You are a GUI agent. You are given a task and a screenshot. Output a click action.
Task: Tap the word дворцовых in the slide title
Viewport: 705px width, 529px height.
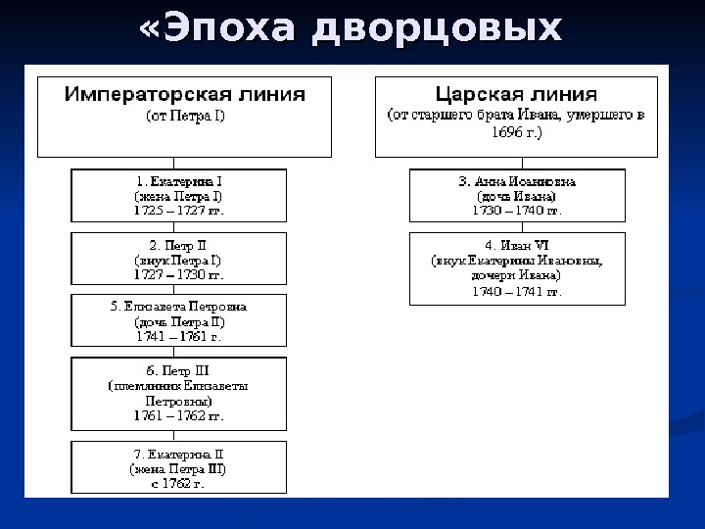click(x=437, y=28)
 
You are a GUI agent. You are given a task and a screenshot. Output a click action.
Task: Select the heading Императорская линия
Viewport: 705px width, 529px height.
click(x=185, y=95)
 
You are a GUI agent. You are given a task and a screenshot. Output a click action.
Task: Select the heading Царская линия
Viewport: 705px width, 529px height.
click(x=516, y=95)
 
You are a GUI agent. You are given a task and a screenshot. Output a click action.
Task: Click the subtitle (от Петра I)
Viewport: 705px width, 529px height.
click(x=185, y=116)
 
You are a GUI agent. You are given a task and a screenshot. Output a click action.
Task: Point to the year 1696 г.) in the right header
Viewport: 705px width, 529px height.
click(x=516, y=131)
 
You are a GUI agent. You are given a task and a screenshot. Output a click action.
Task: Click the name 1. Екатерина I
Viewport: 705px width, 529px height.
click(x=179, y=181)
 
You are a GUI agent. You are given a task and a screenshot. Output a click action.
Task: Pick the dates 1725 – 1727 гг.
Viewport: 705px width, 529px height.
click(x=179, y=210)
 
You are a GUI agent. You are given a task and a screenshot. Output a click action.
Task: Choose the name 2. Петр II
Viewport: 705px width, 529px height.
click(x=179, y=244)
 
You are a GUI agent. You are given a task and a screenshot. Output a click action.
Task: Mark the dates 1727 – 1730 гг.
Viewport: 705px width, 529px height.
click(x=179, y=273)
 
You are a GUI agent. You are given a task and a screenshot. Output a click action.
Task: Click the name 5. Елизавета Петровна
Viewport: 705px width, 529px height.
click(x=179, y=307)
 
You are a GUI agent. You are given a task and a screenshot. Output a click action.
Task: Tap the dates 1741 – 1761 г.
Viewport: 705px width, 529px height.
click(x=179, y=336)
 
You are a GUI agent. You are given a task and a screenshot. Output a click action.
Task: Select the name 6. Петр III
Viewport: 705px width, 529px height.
click(x=179, y=371)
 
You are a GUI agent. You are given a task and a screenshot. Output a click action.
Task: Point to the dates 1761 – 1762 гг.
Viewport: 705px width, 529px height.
click(x=179, y=415)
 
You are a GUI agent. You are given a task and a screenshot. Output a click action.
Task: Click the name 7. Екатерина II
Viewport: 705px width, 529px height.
click(x=179, y=454)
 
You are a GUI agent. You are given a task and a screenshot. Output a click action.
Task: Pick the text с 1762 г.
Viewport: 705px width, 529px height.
click(x=179, y=482)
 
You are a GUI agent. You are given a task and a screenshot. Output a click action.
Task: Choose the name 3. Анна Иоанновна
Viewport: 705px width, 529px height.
click(x=517, y=181)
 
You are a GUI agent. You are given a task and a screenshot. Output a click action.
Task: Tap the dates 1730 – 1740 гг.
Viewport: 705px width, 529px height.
click(x=517, y=210)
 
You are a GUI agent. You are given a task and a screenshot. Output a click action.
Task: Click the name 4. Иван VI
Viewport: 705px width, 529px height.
click(x=517, y=245)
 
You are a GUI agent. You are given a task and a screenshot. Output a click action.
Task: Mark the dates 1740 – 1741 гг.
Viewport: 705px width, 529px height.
click(x=517, y=291)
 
